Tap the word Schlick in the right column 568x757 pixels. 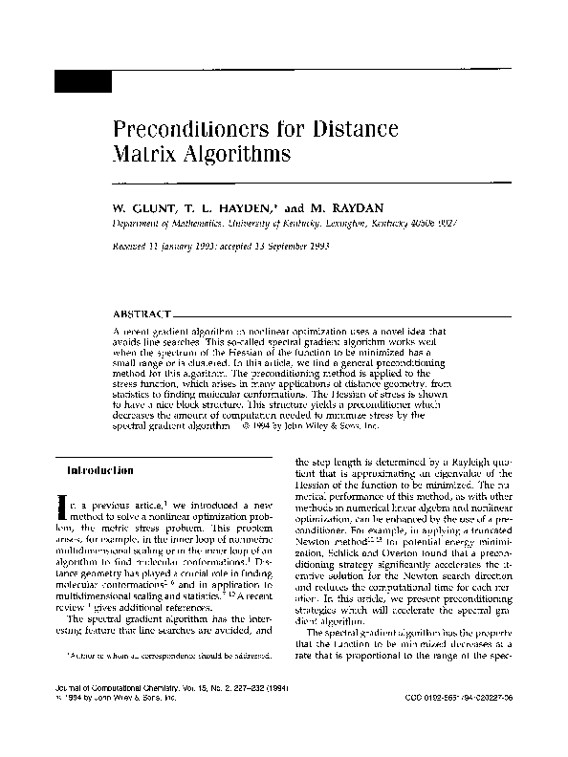tap(358, 553)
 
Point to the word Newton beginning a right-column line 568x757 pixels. tap(316, 541)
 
